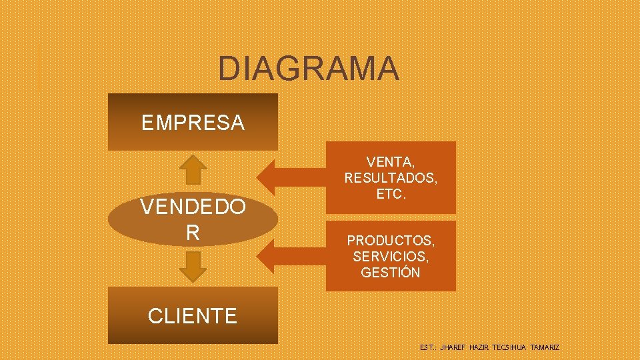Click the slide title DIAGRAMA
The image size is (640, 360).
pos(309,68)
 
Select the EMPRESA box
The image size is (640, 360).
pos(193,122)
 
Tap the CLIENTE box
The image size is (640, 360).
pos(193,315)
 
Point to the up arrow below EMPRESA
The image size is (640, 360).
pos(193,169)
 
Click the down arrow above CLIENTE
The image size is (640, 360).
pos(193,266)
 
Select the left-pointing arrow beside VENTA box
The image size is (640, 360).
pos(291,177)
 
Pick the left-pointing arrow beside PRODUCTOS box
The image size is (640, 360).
pos(291,257)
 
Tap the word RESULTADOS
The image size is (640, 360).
pos(391,178)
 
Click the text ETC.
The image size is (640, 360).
pos(391,195)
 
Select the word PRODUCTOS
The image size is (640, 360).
pos(390,240)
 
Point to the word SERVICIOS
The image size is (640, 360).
pos(390,256)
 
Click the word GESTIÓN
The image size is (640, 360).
pos(390,272)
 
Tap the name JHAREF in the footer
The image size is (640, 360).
pos(453,348)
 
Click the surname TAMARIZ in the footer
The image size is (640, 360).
pos(545,348)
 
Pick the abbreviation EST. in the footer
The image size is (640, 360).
pos(428,348)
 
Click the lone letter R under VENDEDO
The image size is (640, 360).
pos(193,233)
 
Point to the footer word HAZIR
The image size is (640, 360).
pos(479,348)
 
